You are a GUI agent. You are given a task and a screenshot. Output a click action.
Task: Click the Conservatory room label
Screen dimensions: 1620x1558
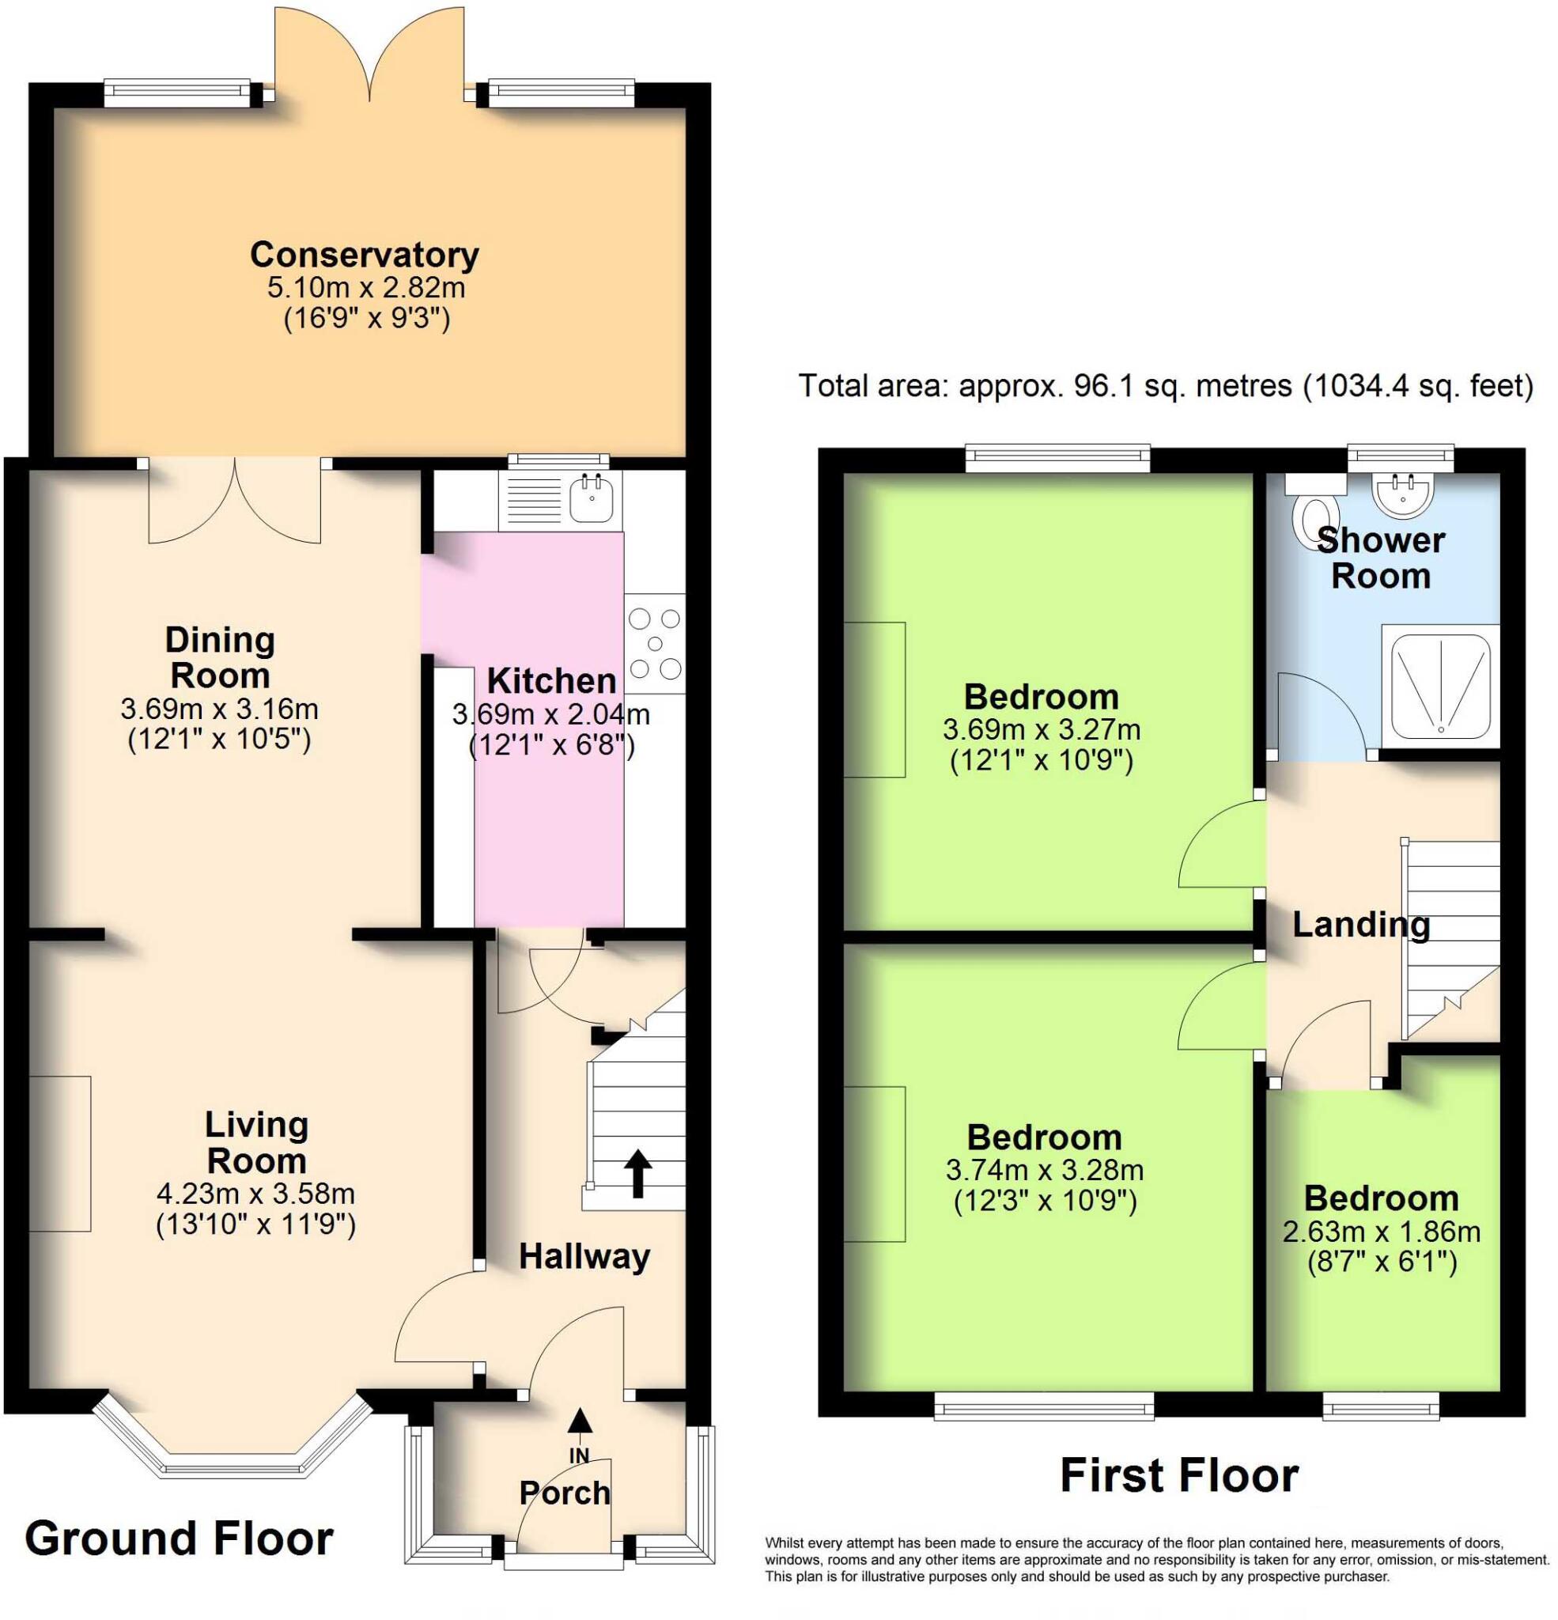[x=365, y=255]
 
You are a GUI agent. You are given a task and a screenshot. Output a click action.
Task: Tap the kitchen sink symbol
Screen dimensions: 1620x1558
[x=590, y=498]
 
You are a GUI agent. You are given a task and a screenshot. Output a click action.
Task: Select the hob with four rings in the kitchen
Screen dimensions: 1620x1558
[x=655, y=644]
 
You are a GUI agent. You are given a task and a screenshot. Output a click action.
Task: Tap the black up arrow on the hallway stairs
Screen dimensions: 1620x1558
[x=637, y=1173]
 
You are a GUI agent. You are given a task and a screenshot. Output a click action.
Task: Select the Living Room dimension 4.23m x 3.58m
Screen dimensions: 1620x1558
[x=255, y=1194]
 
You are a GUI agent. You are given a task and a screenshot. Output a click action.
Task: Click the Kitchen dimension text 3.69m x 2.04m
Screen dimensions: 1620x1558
[x=550, y=714]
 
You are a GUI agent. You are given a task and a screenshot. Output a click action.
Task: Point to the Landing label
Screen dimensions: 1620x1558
[x=1360, y=925]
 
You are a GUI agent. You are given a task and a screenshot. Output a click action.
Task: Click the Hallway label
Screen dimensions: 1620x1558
[x=584, y=1257]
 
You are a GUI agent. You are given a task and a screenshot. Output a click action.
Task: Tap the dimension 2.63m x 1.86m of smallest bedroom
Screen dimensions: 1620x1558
[x=1380, y=1232]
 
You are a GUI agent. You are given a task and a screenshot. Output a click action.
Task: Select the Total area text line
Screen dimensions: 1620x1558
[x=1165, y=386]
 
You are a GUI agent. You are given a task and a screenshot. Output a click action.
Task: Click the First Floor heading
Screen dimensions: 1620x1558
[x=1178, y=1476]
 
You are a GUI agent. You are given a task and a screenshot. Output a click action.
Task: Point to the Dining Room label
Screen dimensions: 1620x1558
[x=219, y=657]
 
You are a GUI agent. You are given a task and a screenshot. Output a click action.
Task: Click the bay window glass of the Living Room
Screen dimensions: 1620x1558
[x=233, y=1469]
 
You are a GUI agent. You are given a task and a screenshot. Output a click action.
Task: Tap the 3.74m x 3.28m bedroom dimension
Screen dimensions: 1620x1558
[x=1044, y=1171]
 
